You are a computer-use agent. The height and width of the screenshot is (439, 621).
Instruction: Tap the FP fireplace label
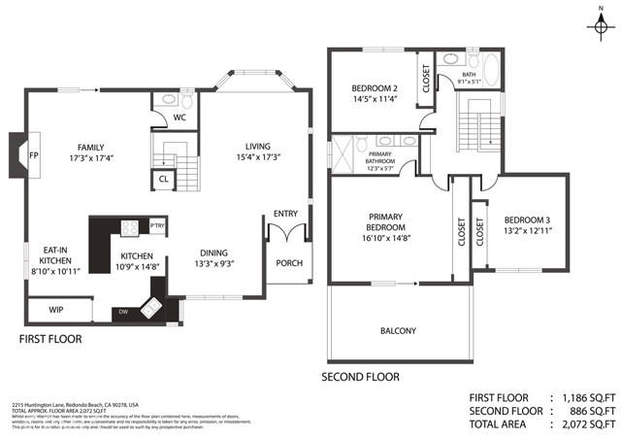point(33,155)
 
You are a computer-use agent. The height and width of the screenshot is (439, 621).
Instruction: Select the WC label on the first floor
point(179,119)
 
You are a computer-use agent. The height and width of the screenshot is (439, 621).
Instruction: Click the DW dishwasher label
point(122,311)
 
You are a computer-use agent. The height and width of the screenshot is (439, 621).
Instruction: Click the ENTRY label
point(285,214)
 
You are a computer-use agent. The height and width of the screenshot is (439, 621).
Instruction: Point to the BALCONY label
point(398,331)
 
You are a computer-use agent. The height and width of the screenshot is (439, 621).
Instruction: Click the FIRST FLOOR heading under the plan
point(51,340)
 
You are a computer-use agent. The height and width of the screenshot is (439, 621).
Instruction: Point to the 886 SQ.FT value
point(586,410)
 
